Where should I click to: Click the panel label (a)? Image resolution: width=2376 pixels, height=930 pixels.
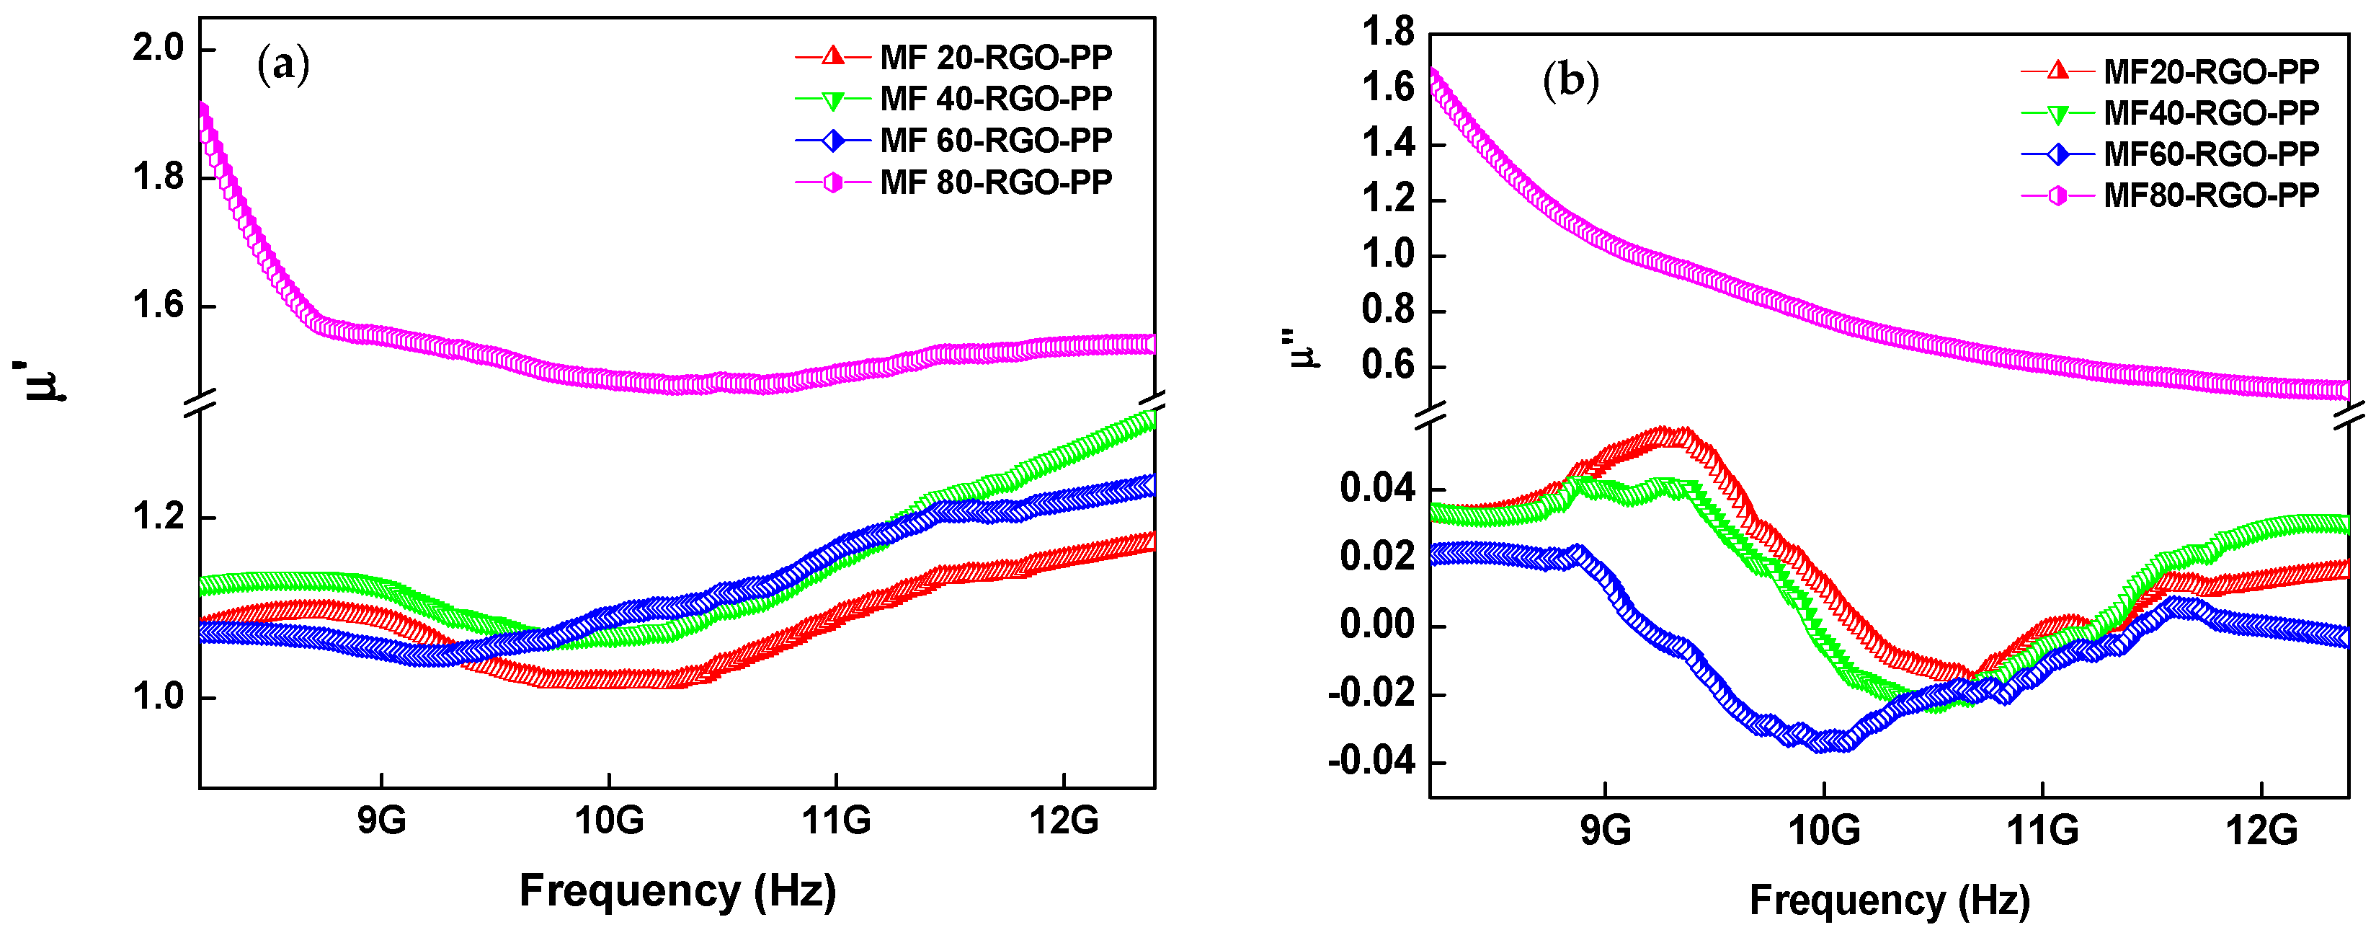[x=282, y=66]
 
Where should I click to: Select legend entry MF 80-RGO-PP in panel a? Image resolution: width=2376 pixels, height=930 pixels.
[x=995, y=182]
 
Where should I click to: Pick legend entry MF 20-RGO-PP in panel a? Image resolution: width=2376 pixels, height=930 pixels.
[x=995, y=57]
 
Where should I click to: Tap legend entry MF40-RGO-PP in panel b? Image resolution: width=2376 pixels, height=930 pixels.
[x=2210, y=112]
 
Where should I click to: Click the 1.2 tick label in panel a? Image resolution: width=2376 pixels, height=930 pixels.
[x=159, y=517]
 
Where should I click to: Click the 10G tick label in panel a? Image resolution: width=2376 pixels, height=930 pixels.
[x=609, y=819]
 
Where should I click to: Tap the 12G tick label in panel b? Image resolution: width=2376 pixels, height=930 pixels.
[x=2261, y=831]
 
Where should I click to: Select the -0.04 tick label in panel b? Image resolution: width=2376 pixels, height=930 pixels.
[x=1371, y=761]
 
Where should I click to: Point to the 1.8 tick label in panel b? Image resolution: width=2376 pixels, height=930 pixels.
[x=1387, y=32]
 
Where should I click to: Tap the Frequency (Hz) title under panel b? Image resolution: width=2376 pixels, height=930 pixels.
[x=1889, y=900]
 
